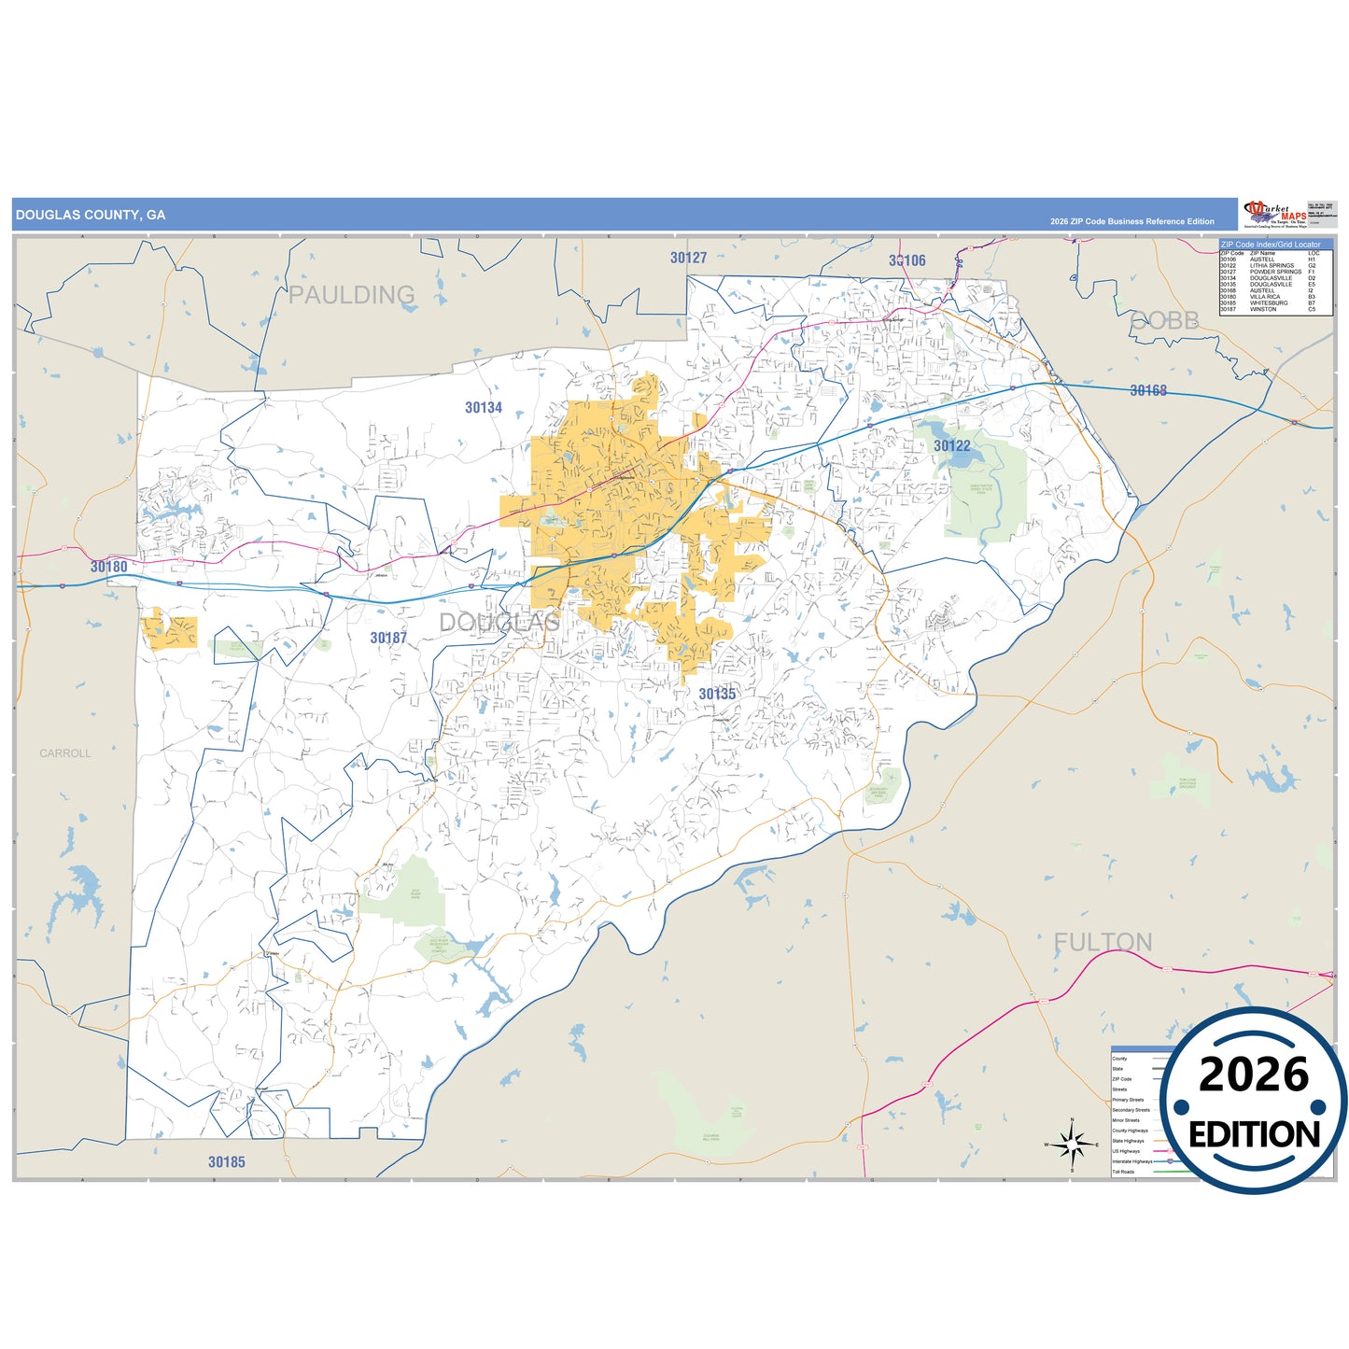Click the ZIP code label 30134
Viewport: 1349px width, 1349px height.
(484, 408)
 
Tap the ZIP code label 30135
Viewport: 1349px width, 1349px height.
(717, 694)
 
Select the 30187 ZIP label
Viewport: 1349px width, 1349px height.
(388, 639)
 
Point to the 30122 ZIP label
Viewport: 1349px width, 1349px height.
(951, 446)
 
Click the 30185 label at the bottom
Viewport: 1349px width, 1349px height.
(227, 1162)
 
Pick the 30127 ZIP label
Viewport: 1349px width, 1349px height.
(688, 258)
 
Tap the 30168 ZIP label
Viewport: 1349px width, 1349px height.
(1148, 391)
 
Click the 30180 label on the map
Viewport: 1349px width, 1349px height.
(109, 567)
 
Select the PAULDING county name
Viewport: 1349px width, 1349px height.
(351, 295)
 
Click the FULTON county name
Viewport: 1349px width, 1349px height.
(1103, 942)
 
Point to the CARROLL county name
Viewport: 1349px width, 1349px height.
(65, 753)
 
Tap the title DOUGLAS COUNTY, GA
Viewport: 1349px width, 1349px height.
(91, 215)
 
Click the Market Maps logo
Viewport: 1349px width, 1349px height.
(1273, 214)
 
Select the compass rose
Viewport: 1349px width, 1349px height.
(1072, 1144)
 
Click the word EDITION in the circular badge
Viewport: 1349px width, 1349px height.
(1254, 1134)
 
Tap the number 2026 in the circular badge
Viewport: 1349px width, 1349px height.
(1254, 1075)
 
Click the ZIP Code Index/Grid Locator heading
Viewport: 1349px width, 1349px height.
(1271, 245)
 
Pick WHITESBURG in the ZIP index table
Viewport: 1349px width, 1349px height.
(1269, 303)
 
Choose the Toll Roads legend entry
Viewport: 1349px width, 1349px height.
(1123, 1172)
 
